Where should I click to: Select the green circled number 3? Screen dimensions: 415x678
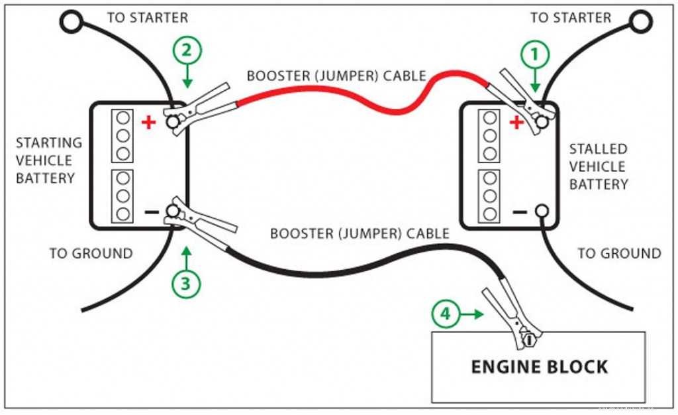click(186, 284)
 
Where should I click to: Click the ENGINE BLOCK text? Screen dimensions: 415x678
click(538, 367)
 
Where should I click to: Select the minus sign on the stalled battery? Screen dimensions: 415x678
click(520, 212)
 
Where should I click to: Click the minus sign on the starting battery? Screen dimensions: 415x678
click(151, 213)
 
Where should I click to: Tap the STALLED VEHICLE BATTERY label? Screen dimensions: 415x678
click(598, 166)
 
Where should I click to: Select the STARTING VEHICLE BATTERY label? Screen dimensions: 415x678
click(49, 160)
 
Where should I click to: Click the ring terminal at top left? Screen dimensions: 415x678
click(71, 22)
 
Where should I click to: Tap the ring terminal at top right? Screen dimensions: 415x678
click(640, 22)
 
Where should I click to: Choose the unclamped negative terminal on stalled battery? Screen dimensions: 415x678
click(542, 211)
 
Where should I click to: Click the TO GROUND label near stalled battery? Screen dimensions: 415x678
click(619, 253)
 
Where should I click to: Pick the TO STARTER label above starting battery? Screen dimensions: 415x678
click(147, 18)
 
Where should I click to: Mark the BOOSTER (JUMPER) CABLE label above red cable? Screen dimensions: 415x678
click(336, 75)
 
